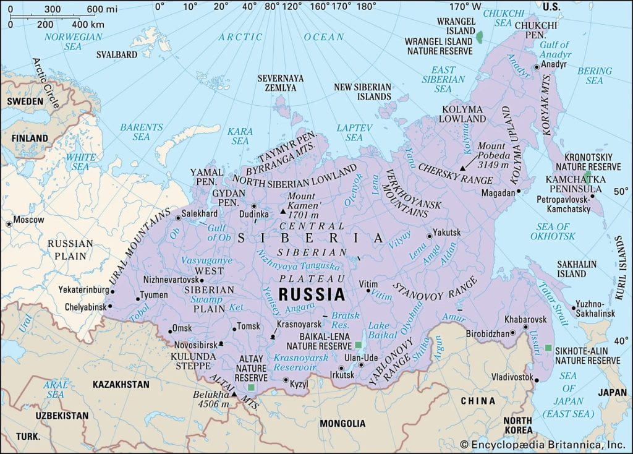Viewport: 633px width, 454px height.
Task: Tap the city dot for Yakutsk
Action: coord(429,236)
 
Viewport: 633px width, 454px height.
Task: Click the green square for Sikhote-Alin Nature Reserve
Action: coord(548,348)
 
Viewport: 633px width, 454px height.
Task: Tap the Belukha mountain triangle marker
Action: coord(234,394)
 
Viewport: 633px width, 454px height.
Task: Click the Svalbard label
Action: coord(117,54)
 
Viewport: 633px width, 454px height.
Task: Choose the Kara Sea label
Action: coord(240,136)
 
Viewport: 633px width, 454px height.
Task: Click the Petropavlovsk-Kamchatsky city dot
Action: coord(593,197)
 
